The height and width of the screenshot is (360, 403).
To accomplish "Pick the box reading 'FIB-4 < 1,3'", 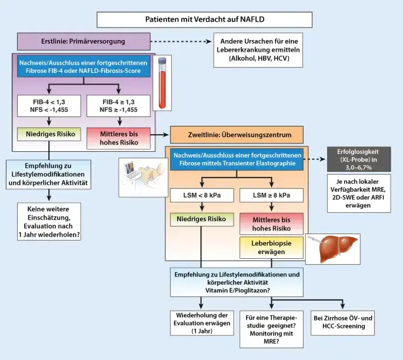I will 49,105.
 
